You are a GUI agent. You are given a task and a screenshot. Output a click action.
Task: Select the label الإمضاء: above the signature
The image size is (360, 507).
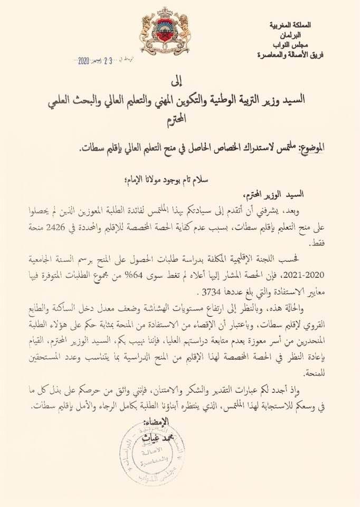[x=156, y=422]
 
